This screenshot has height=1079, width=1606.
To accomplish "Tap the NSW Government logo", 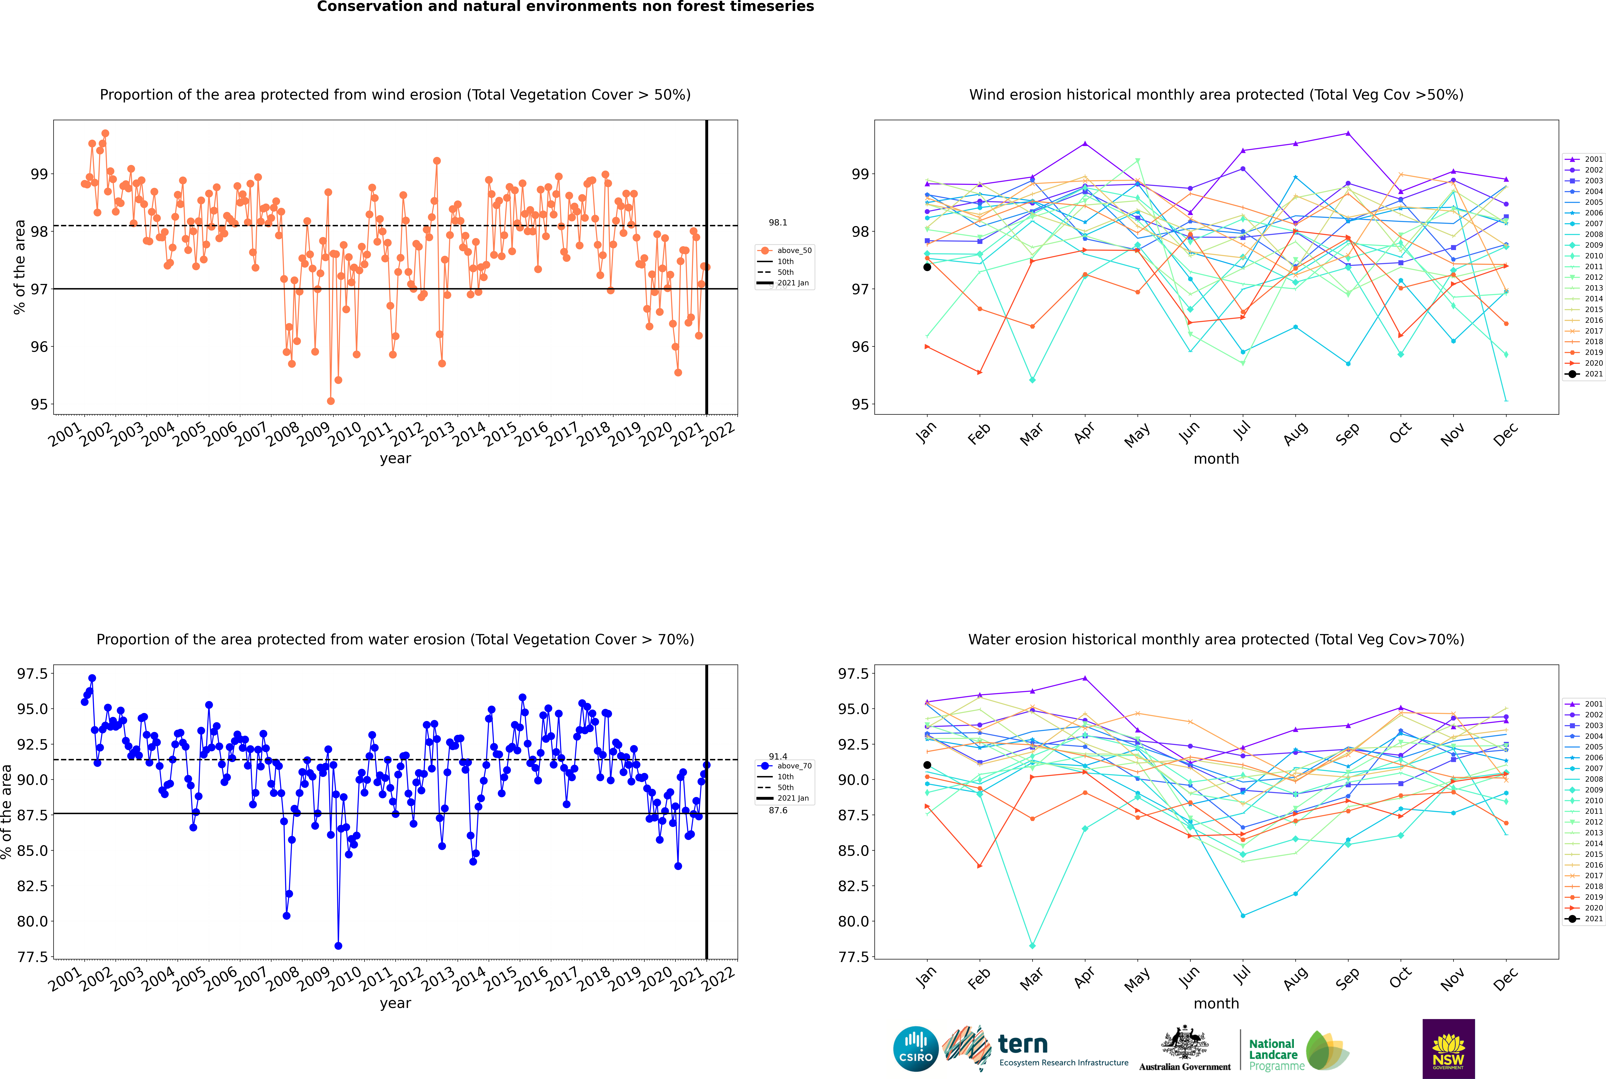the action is click(1448, 1049).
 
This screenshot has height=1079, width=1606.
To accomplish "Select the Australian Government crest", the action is click(1185, 1042).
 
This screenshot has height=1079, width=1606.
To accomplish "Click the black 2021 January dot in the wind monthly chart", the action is click(927, 267).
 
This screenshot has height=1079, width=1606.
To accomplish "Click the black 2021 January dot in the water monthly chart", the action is click(927, 765).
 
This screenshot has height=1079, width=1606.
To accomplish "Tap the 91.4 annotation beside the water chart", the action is click(778, 756).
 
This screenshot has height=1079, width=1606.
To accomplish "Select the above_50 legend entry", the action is click(785, 251).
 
